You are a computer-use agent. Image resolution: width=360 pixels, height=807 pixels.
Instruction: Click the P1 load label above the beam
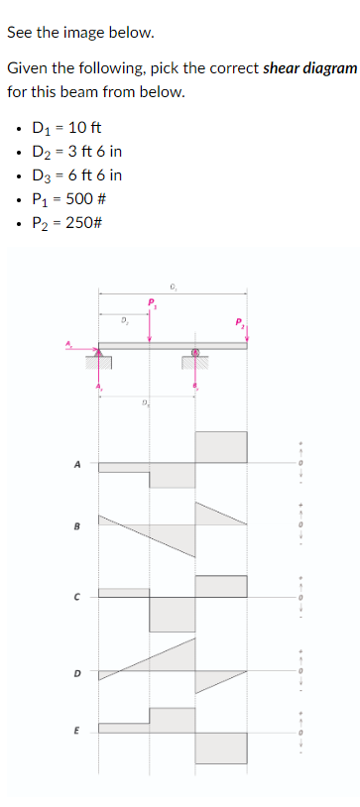(x=152, y=301)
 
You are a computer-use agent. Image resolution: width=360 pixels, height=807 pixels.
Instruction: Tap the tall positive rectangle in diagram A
(x=220, y=446)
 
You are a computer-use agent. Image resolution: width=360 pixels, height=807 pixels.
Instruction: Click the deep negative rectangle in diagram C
(x=173, y=615)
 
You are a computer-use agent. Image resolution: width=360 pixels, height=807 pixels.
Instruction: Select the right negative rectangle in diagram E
(x=220, y=749)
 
